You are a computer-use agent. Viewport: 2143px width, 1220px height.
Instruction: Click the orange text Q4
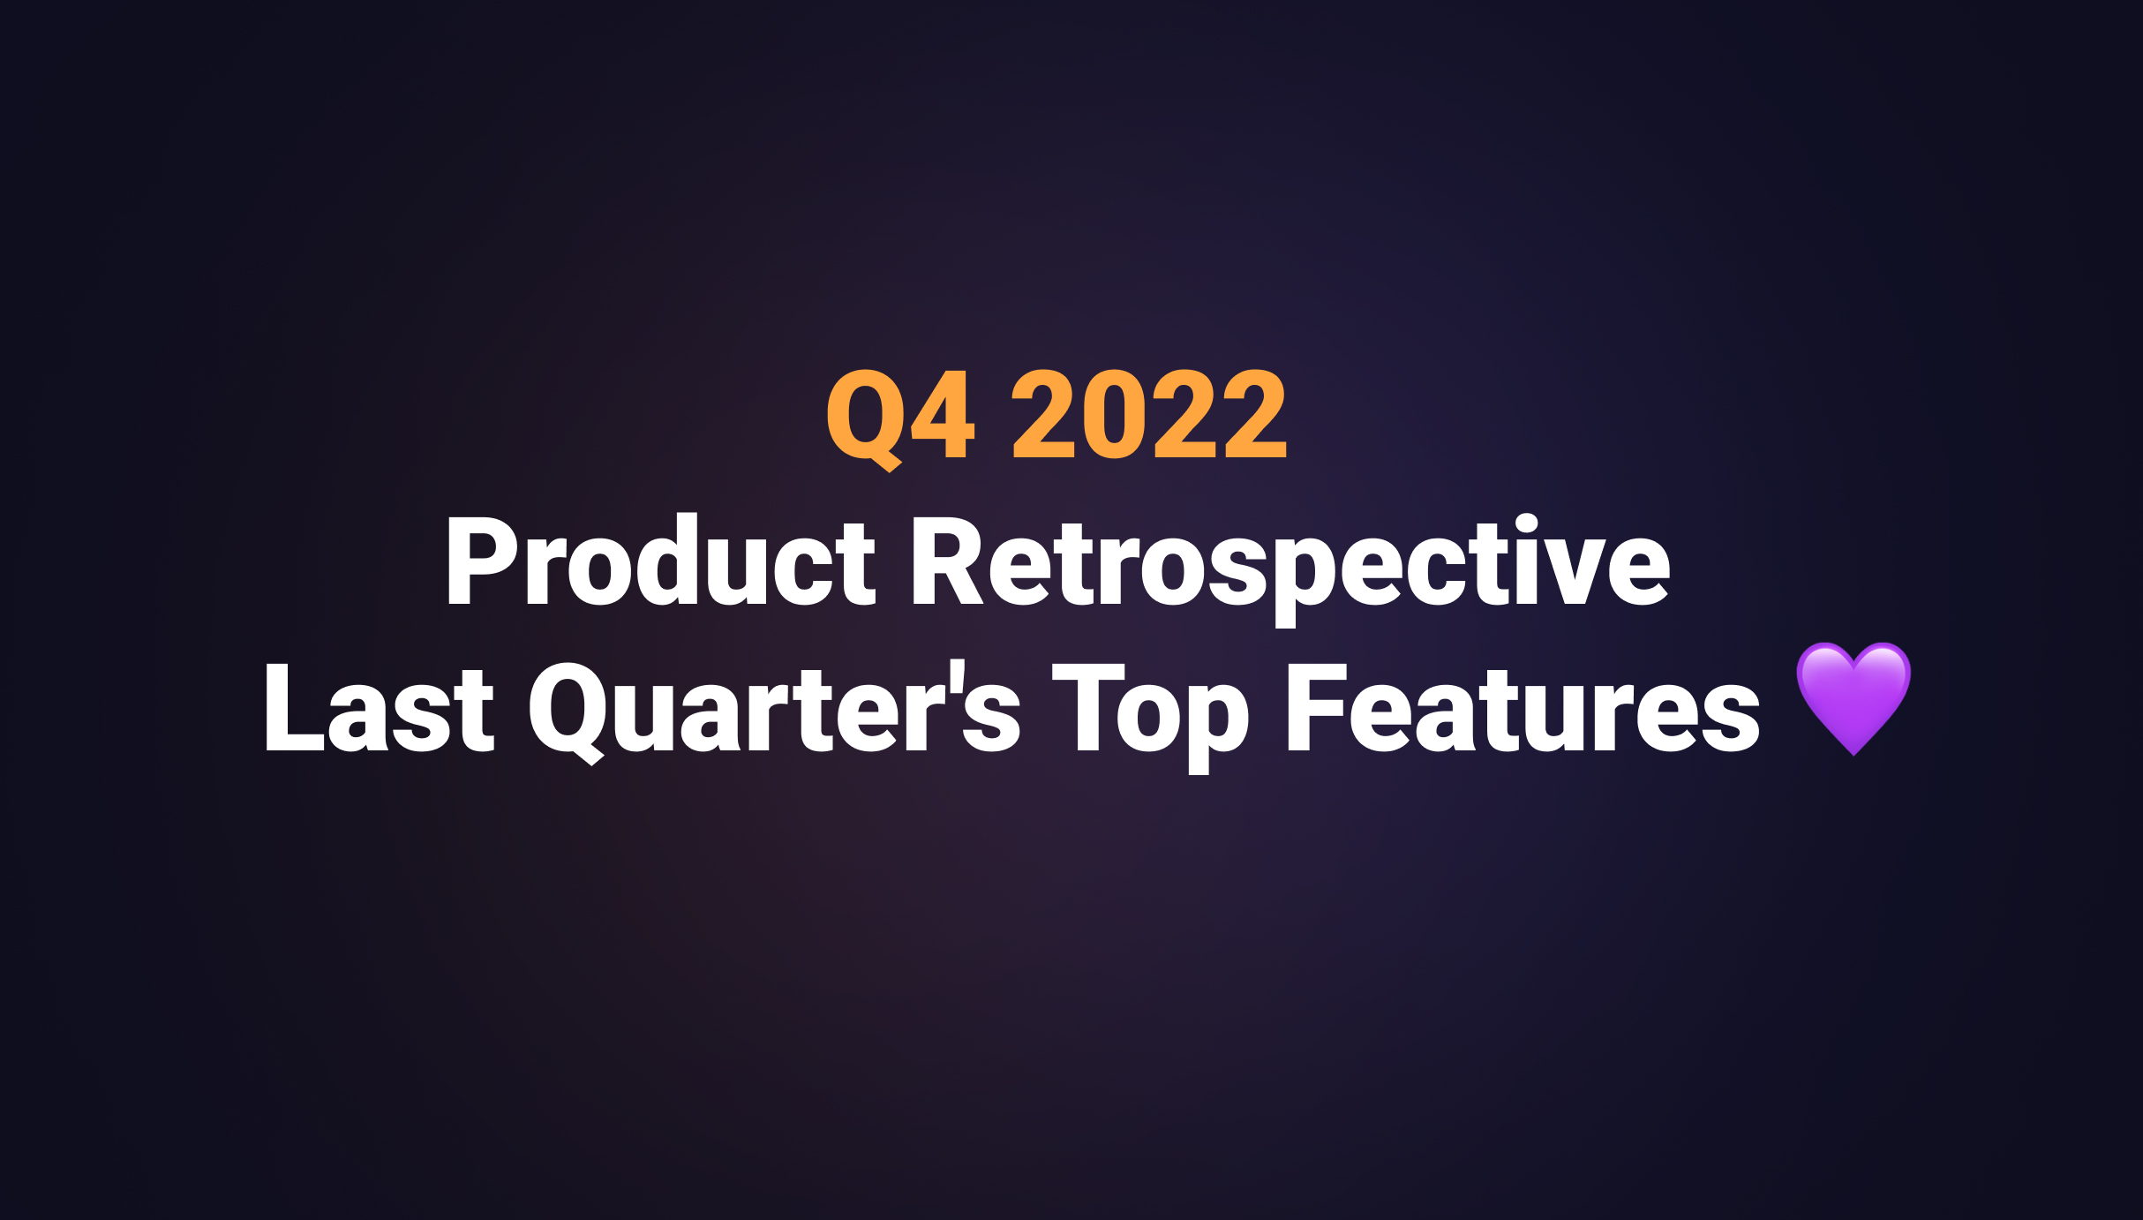point(900,415)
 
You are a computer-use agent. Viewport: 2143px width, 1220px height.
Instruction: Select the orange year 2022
point(1149,415)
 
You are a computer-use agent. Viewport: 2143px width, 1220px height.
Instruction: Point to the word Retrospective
point(1290,565)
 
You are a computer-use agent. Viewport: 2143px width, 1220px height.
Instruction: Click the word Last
point(379,709)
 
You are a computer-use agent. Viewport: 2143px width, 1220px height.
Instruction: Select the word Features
point(1523,709)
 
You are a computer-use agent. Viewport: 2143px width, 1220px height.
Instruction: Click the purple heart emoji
point(1854,697)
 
